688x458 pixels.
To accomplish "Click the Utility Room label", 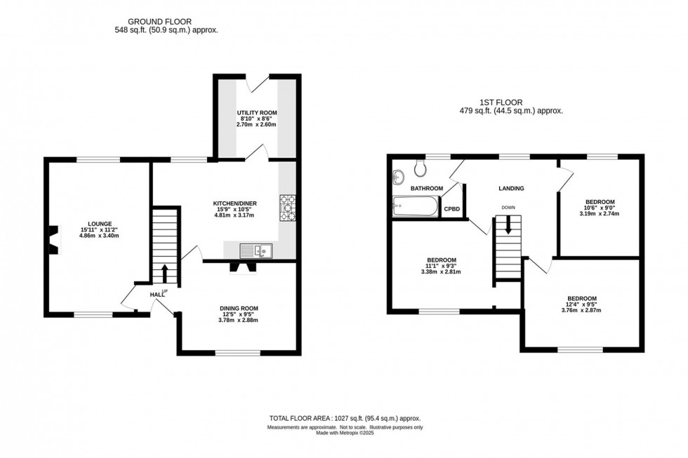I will (x=256, y=112).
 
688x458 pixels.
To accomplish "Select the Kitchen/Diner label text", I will (x=235, y=203).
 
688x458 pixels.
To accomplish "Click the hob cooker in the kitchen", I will (x=288, y=208).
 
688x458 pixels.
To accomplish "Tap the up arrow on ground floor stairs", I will (x=165, y=272).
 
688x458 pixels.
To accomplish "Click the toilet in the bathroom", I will (x=421, y=168).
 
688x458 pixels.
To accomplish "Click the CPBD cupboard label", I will (x=452, y=208).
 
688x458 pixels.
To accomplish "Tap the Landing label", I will (x=511, y=188).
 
